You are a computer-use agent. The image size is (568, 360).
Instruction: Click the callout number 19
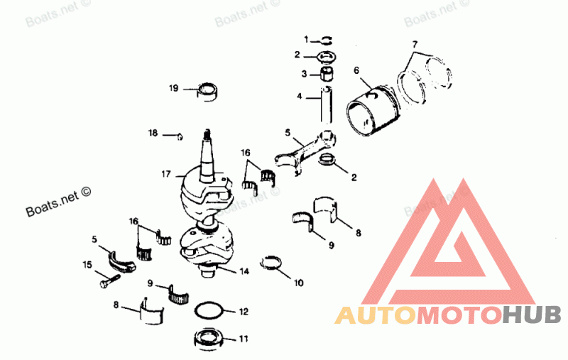point(173,89)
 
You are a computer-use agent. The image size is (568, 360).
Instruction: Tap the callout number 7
point(415,45)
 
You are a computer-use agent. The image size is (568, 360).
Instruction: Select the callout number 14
point(244,271)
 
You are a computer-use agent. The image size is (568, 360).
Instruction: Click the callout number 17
point(165,173)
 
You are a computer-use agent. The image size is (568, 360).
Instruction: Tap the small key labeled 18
point(180,133)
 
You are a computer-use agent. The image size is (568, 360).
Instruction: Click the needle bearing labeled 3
point(327,72)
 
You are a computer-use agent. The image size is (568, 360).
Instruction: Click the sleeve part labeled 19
point(207,92)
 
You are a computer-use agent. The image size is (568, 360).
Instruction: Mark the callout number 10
point(297,283)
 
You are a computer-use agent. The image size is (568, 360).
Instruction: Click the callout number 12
point(244,311)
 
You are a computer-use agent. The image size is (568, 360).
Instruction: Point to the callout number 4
point(300,95)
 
